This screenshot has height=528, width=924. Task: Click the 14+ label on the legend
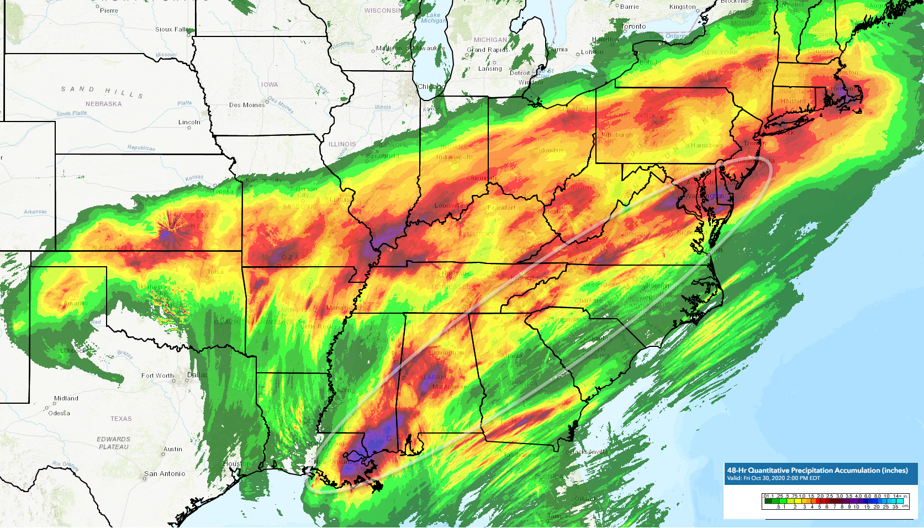tap(897, 496)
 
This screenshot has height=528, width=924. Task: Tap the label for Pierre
tap(109, 10)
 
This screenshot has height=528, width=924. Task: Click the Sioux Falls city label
tap(172, 29)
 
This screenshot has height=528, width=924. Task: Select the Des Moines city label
tap(246, 105)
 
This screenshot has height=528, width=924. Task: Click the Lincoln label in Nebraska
tap(189, 122)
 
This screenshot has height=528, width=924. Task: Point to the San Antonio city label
tap(165, 474)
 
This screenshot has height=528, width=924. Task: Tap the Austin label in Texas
tap(173, 449)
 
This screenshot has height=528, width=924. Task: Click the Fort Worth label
tap(157, 376)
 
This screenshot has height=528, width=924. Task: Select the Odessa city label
tap(59, 413)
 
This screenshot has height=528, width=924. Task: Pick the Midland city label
tap(66, 398)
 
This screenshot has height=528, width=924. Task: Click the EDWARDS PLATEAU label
tap(113, 443)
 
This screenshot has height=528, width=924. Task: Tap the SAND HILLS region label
tap(102, 92)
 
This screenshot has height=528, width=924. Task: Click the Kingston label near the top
tap(683, 7)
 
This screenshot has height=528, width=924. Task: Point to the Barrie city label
tap(630, 7)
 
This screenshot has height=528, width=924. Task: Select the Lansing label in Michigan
tap(490, 68)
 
